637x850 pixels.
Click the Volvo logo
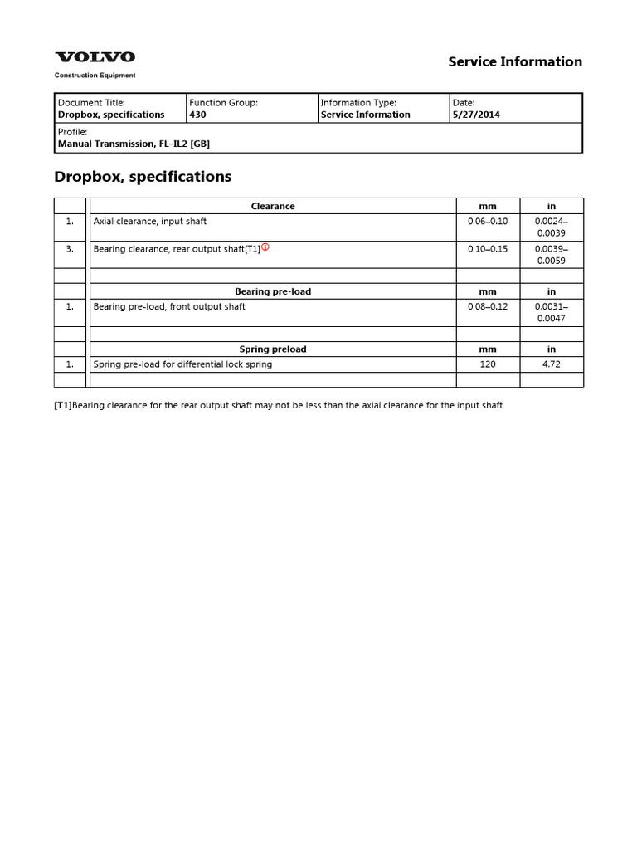95,57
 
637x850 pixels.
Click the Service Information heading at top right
515,61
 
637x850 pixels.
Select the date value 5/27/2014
476,115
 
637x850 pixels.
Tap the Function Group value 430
197,115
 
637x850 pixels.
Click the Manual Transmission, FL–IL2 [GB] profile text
134,144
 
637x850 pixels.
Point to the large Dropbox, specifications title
143,177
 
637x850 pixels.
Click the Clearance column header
273,206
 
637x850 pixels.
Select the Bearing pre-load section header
273,291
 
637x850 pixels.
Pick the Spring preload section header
273,349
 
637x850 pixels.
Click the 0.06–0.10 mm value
488,222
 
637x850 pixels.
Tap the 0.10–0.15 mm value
488,248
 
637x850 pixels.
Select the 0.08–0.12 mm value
488,306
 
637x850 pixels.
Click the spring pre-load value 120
488,364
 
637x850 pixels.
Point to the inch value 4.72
552,364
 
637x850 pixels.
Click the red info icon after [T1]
266,247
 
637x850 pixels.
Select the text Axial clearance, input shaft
150,222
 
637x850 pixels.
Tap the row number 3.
70,248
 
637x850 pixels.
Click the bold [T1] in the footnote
63,405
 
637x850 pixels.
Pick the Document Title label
91,103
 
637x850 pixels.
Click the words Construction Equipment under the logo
95,76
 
